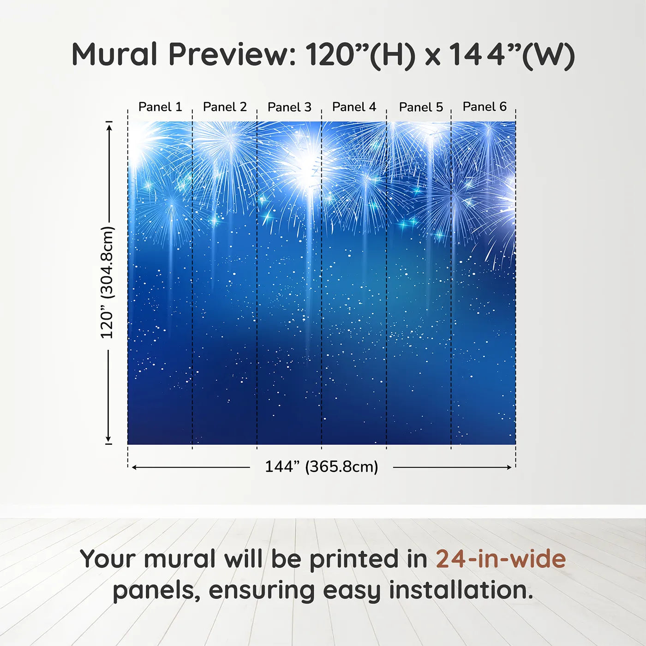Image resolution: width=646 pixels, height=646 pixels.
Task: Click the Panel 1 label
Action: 160,107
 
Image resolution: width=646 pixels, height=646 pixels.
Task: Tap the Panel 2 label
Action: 225,107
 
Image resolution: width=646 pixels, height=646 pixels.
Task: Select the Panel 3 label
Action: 289,107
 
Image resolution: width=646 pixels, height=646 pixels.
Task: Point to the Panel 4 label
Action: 354,107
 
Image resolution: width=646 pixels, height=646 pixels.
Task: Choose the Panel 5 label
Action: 421,107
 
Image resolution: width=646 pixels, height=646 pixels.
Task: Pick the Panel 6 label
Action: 484,107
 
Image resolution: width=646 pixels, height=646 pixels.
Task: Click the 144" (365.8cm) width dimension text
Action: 321,467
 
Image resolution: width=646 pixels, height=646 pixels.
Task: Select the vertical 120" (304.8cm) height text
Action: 107,282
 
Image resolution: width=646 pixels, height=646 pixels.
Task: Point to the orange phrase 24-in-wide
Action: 501,559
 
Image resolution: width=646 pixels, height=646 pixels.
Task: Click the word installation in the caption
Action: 461,590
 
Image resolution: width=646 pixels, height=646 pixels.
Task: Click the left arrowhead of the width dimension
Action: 134,467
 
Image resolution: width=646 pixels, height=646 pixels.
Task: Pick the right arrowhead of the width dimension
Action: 509,467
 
